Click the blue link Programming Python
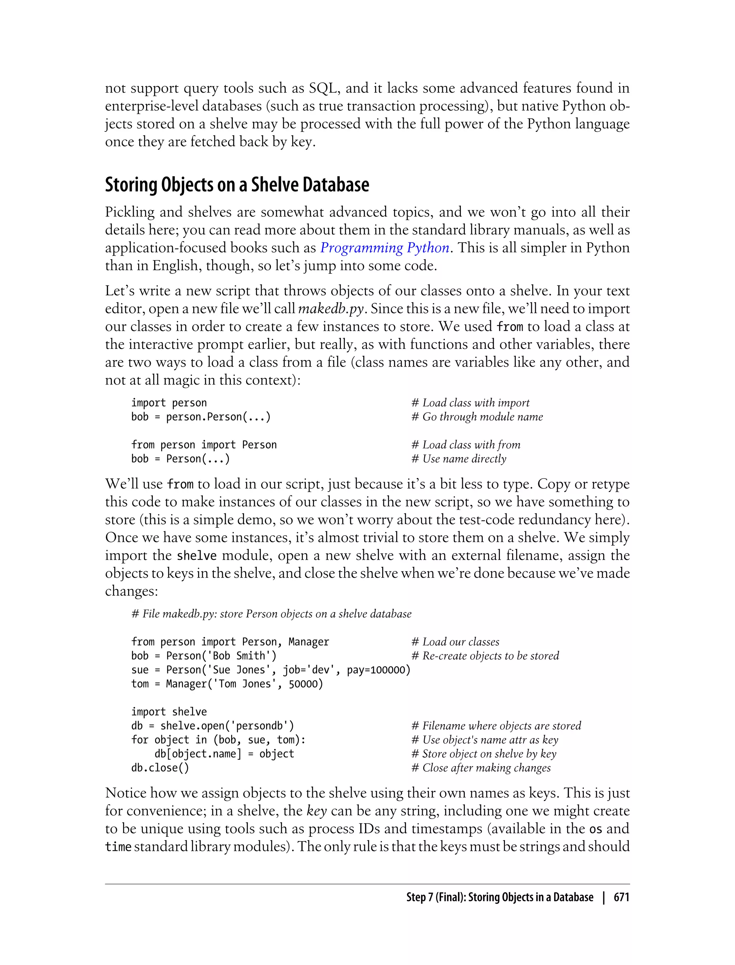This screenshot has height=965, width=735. pos(385,248)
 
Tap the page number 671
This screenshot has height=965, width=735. pos(621,897)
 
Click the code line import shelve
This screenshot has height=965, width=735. pos(169,712)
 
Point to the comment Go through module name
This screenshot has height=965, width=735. pos(477,417)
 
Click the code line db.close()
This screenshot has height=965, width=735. pos(160,768)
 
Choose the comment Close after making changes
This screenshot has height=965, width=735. pos(481,768)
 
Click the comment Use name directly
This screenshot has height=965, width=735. pos(459,459)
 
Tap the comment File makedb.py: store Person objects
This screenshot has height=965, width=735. pos(271,614)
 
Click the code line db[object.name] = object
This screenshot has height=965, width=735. pos(224,754)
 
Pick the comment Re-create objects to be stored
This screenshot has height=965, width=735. pos(485,656)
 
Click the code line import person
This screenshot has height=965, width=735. pos(169,403)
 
